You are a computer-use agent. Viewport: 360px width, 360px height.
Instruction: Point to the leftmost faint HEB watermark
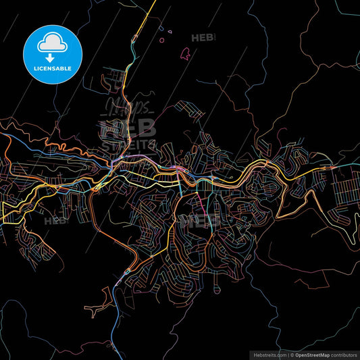coord(56,220)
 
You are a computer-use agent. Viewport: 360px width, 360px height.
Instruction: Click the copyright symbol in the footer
coord(292,354)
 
